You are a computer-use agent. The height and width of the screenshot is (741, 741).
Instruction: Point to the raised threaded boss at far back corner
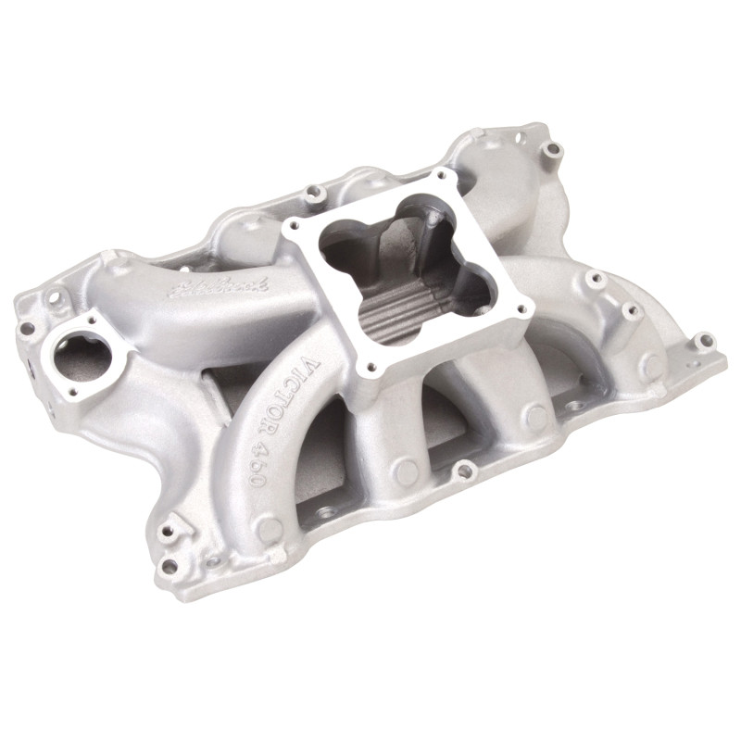coord(553,148)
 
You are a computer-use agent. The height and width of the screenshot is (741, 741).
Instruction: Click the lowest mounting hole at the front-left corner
coord(169,565)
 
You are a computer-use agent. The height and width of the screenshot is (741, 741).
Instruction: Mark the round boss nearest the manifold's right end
coord(652,366)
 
